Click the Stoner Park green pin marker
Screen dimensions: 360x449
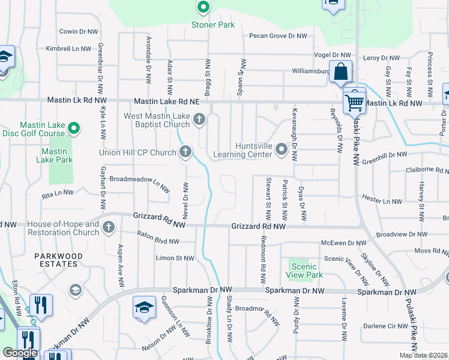pos(203,8)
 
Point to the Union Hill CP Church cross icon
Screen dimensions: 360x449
pos(185,152)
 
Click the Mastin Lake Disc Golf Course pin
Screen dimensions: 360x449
pos(74,128)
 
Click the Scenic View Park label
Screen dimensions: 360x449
pos(306,271)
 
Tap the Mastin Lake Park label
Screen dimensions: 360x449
pos(54,156)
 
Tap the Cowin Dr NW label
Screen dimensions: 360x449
pos(79,31)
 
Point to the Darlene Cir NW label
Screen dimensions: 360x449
pos(385,326)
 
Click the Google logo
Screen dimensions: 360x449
pos(20,353)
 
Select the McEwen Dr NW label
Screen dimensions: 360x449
pos(343,243)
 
